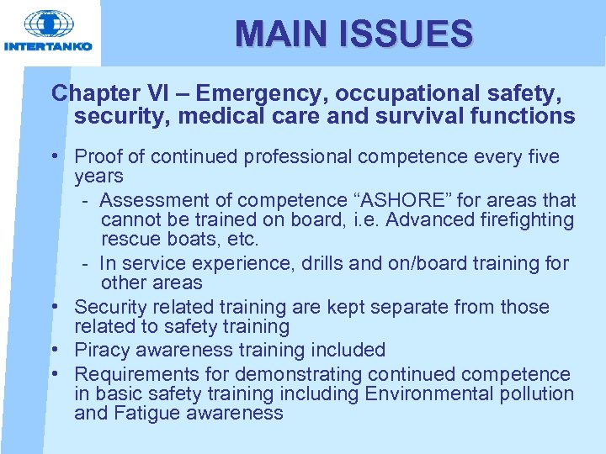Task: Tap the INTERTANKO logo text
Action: point(48,47)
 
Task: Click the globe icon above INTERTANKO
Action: point(48,24)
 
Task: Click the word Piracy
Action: point(101,350)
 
